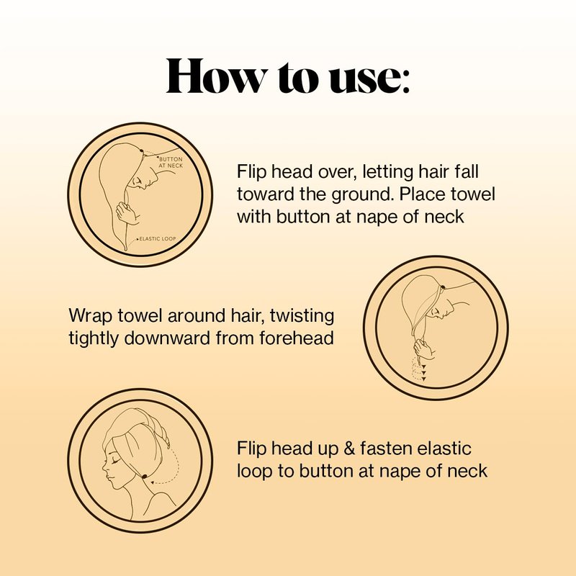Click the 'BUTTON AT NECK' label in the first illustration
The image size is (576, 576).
pos(171,163)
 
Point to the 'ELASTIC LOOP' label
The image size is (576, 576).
pos(158,239)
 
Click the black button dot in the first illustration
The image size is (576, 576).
pos(141,150)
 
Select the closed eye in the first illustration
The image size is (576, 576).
pos(138,181)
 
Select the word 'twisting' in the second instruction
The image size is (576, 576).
pos(302,317)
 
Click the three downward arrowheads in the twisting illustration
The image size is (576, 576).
pos(423,372)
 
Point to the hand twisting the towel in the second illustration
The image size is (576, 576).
pos(424,350)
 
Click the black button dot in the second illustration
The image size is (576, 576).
pos(443,287)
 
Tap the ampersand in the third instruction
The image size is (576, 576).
pos(349,449)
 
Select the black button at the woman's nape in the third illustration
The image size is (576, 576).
pos(145,476)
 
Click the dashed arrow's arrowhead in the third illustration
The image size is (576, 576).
pos(154,482)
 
